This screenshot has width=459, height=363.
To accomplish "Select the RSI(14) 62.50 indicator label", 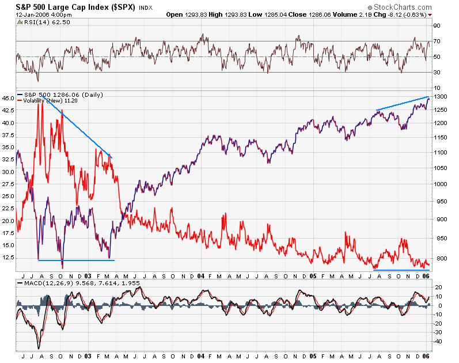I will [38, 22].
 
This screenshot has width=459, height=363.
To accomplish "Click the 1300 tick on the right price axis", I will [441, 97].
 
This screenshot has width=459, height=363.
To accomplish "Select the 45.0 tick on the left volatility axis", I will [8, 99].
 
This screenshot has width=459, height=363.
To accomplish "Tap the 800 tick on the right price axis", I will [439, 259].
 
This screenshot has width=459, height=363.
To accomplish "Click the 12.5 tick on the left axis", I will [8, 259].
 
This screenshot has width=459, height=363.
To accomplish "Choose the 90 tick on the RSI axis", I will [437, 26].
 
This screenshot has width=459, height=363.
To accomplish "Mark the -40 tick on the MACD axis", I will [438, 341].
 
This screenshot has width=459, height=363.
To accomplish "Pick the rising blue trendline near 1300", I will [403, 103].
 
